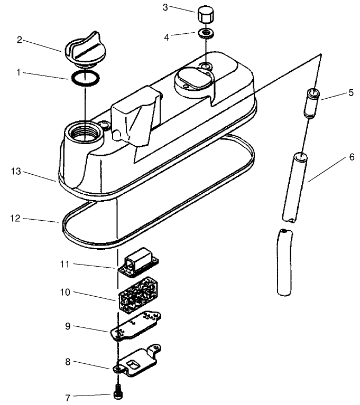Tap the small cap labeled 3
(x=206, y=15)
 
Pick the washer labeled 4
(x=206, y=33)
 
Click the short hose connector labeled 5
(x=312, y=103)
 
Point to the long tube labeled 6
(x=295, y=187)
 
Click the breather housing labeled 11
(x=139, y=263)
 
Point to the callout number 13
(x=16, y=171)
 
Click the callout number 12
(x=15, y=218)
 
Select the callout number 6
(x=352, y=157)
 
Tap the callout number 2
(x=20, y=40)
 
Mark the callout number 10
(x=65, y=292)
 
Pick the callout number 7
(x=68, y=398)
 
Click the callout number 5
(x=351, y=92)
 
